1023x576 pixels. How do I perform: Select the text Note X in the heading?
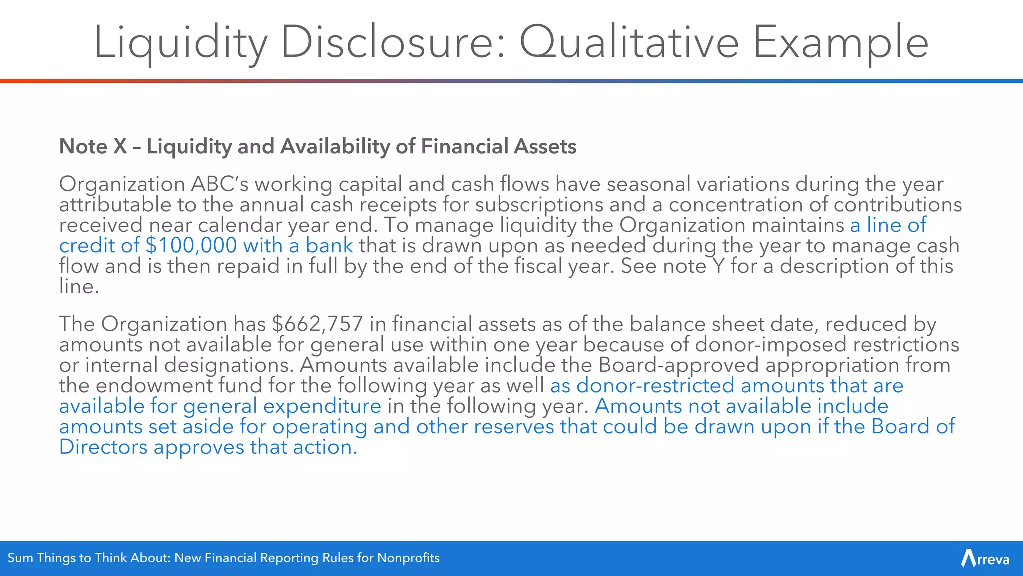pos(93,147)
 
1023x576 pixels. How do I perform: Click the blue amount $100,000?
pos(191,246)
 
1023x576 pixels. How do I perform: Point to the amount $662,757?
pos(317,324)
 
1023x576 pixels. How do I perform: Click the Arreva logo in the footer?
pos(985,558)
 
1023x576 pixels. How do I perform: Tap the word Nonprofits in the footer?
pos(408,558)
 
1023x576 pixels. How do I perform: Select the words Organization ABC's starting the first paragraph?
pos(154,184)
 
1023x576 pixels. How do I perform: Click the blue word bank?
pos(329,246)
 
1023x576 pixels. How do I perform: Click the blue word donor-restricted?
pos(655,386)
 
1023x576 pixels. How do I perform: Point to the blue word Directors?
pos(103,447)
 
